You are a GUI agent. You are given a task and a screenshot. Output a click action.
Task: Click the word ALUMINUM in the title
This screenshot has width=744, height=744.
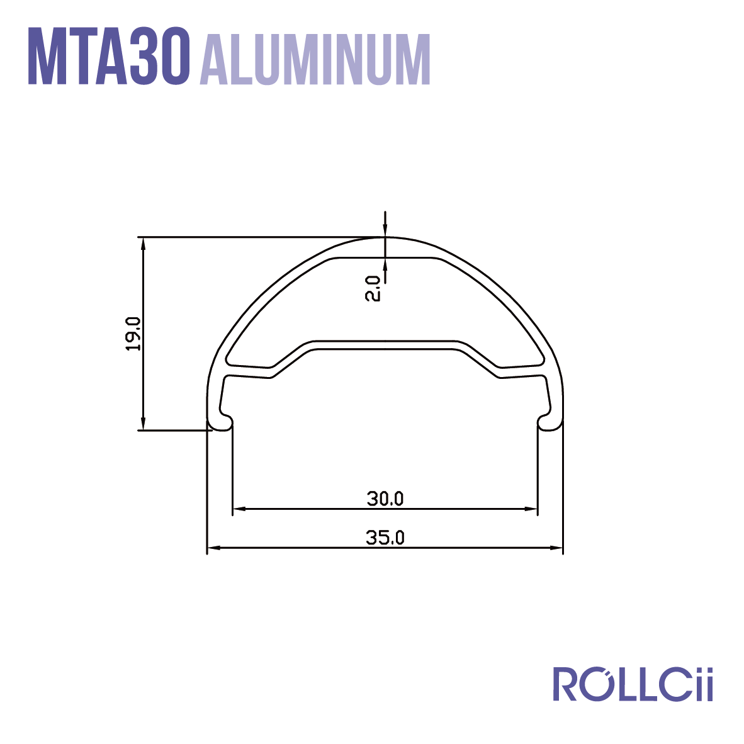click(315, 59)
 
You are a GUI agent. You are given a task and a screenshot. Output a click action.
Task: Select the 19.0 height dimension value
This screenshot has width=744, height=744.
click(133, 334)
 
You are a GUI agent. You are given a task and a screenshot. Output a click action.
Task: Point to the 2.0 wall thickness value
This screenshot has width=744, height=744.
click(373, 288)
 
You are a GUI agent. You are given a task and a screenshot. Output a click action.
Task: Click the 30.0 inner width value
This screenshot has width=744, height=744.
click(385, 499)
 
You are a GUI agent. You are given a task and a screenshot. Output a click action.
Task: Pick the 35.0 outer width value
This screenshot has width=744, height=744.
click(385, 538)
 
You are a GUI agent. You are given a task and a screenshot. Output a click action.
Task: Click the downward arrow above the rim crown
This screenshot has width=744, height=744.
click(385, 231)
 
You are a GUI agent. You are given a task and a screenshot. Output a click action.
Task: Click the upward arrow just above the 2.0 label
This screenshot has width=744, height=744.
click(385, 264)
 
